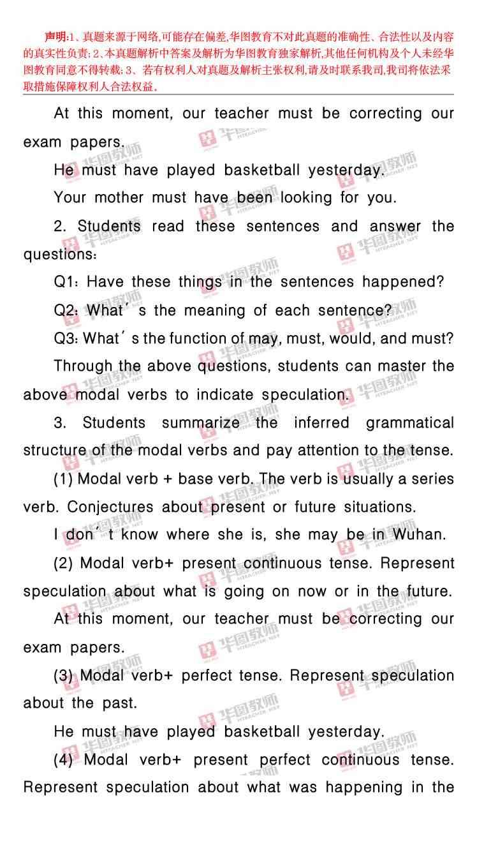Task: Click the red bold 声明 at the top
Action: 55,36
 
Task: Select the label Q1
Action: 66,282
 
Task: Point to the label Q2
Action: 66,311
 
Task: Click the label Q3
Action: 66,339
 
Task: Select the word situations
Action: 380,507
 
